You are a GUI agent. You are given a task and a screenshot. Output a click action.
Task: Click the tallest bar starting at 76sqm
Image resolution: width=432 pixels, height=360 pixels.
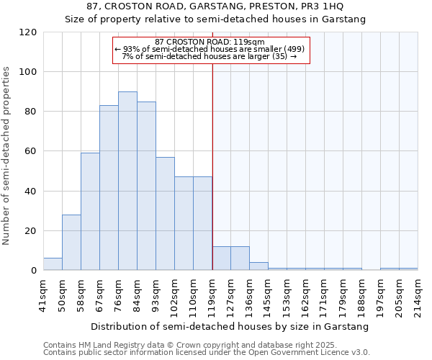(127, 181)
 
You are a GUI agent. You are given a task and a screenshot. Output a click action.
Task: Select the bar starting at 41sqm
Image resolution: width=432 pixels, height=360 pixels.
(53, 264)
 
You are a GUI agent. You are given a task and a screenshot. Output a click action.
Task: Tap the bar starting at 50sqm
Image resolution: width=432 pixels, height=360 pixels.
(71, 243)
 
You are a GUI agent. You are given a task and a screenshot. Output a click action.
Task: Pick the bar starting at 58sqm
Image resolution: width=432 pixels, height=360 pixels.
(90, 212)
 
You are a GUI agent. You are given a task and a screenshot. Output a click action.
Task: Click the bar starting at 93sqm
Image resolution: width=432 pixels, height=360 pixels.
(165, 214)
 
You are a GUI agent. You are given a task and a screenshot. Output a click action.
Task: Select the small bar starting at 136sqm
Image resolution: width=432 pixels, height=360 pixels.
(258, 266)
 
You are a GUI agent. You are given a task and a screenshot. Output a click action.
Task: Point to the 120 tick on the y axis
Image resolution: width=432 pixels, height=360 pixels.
(29, 32)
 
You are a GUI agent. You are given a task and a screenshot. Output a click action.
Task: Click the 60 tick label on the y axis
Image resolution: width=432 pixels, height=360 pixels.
(29, 152)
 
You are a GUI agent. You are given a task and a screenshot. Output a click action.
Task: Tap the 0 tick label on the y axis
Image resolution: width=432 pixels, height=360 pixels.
(33, 271)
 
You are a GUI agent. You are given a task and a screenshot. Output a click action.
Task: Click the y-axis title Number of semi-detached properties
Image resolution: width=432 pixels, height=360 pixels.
(7, 156)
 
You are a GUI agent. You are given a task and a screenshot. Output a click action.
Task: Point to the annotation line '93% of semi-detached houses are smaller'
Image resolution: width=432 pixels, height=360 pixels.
(210, 49)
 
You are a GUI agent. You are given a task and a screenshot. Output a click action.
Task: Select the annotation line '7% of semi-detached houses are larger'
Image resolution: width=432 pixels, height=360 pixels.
(210, 56)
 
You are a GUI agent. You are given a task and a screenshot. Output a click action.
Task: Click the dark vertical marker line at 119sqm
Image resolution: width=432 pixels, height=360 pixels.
(212, 166)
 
